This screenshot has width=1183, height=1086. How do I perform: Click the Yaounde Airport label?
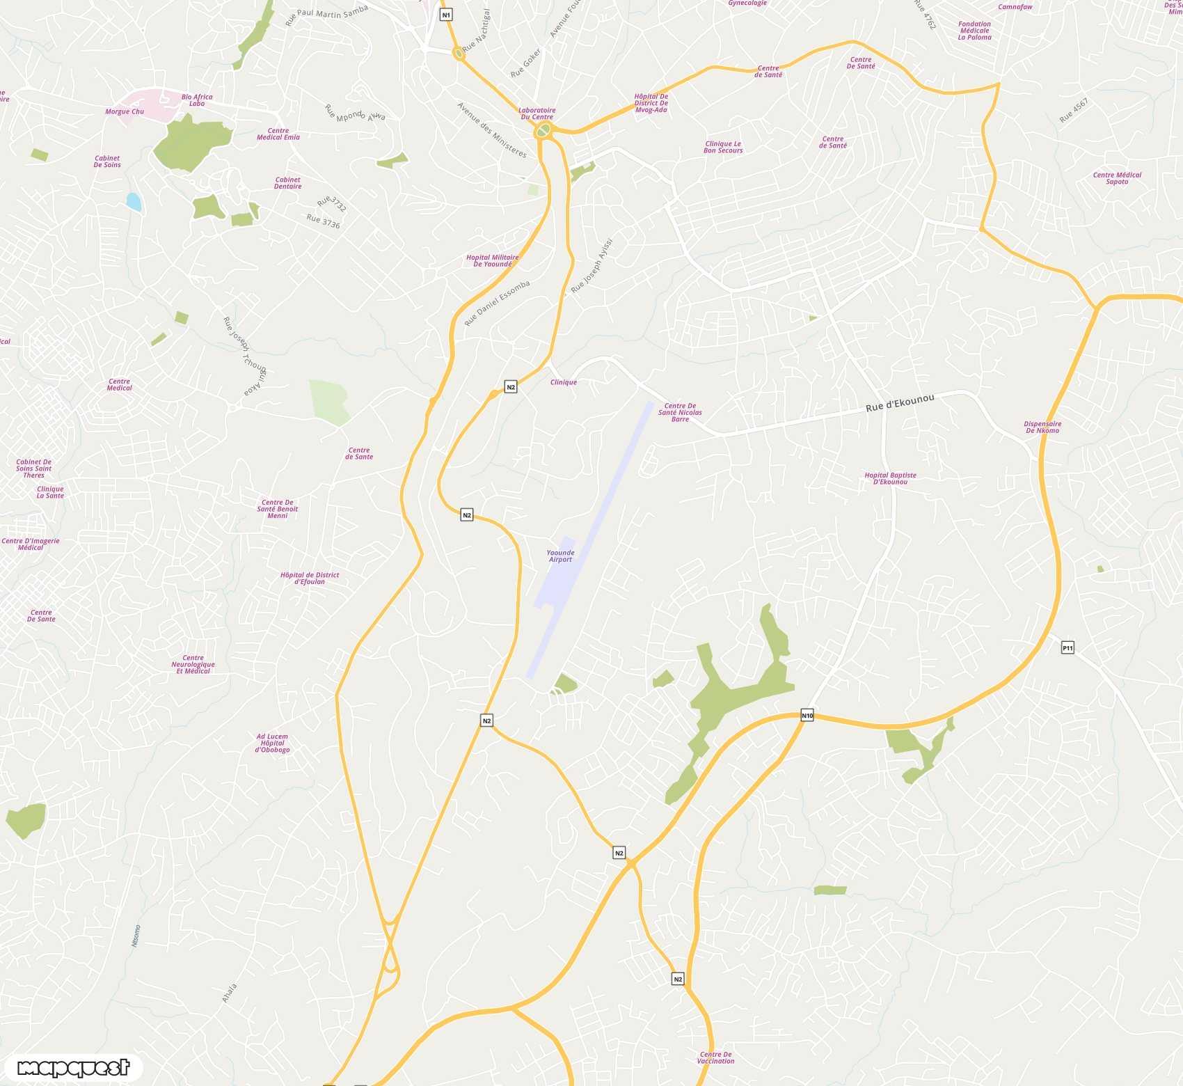(x=560, y=556)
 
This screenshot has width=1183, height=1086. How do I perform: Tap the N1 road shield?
(x=446, y=15)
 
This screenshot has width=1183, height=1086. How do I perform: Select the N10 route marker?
(x=807, y=716)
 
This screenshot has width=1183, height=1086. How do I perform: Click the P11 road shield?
(x=1067, y=648)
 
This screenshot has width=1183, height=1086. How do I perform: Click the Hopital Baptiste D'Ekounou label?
(x=890, y=478)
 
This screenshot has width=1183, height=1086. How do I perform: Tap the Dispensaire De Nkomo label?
(x=1042, y=427)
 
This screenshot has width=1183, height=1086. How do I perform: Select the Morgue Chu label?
(x=125, y=111)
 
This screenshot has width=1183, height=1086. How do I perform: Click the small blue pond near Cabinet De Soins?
(x=134, y=202)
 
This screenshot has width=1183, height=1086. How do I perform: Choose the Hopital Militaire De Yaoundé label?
(x=492, y=261)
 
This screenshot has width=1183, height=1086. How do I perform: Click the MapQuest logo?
(x=73, y=1067)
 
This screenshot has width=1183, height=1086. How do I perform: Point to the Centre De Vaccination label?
(x=715, y=1057)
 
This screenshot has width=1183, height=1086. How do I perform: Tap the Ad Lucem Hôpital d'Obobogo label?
(x=272, y=743)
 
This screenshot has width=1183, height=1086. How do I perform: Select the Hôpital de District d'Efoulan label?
(x=310, y=579)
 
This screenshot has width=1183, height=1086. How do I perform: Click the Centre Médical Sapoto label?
(x=1117, y=178)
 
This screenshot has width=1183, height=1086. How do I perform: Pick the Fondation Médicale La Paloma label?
(x=974, y=31)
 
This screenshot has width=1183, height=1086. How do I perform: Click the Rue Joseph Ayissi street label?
(x=592, y=266)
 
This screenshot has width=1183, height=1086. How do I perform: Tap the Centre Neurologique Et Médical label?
(x=193, y=664)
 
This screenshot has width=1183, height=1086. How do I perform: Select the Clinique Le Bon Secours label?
(x=723, y=147)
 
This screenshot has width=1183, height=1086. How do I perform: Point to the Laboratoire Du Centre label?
(x=537, y=113)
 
